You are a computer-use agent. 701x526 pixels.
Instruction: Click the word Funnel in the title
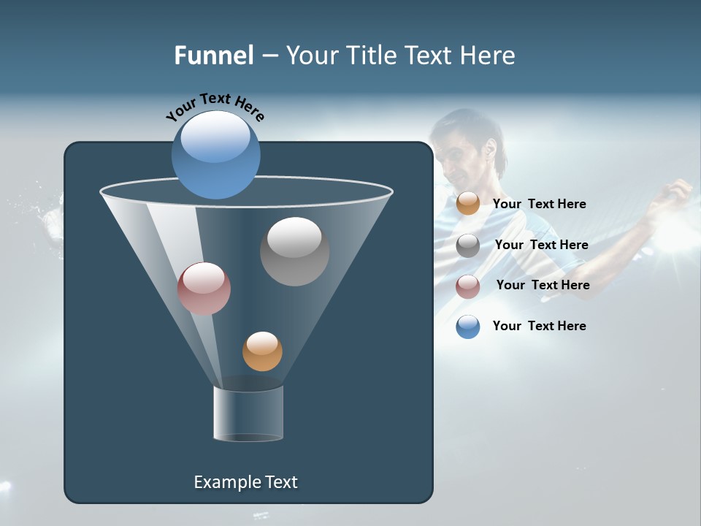(213, 56)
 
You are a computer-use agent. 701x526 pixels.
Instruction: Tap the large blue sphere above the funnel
(216, 155)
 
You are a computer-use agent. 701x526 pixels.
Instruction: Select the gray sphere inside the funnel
(294, 251)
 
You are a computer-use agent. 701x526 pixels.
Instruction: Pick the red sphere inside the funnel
(204, 289)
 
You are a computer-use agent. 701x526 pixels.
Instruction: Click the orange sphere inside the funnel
(262, 351)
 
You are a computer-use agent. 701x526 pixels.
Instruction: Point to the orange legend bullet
(468, 203)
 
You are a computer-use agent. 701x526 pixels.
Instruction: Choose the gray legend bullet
(468, 245)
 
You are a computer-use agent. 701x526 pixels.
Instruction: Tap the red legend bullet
(468, 286)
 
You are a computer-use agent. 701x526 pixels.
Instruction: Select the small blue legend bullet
(468, 327)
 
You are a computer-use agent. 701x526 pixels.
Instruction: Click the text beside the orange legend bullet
(539, 204)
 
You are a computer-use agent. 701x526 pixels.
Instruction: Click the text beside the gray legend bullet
(541, 245)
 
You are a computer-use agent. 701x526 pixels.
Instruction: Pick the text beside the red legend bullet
(543, 285)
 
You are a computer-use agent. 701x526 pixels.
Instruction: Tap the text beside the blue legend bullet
(539, 326)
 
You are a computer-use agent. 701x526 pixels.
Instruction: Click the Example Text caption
(245, 482)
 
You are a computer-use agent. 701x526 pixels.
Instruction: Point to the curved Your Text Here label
(215, 106)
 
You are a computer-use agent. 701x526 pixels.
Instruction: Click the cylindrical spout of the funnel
(248, 414)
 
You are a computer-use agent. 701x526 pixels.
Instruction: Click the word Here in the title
(489, 56)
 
